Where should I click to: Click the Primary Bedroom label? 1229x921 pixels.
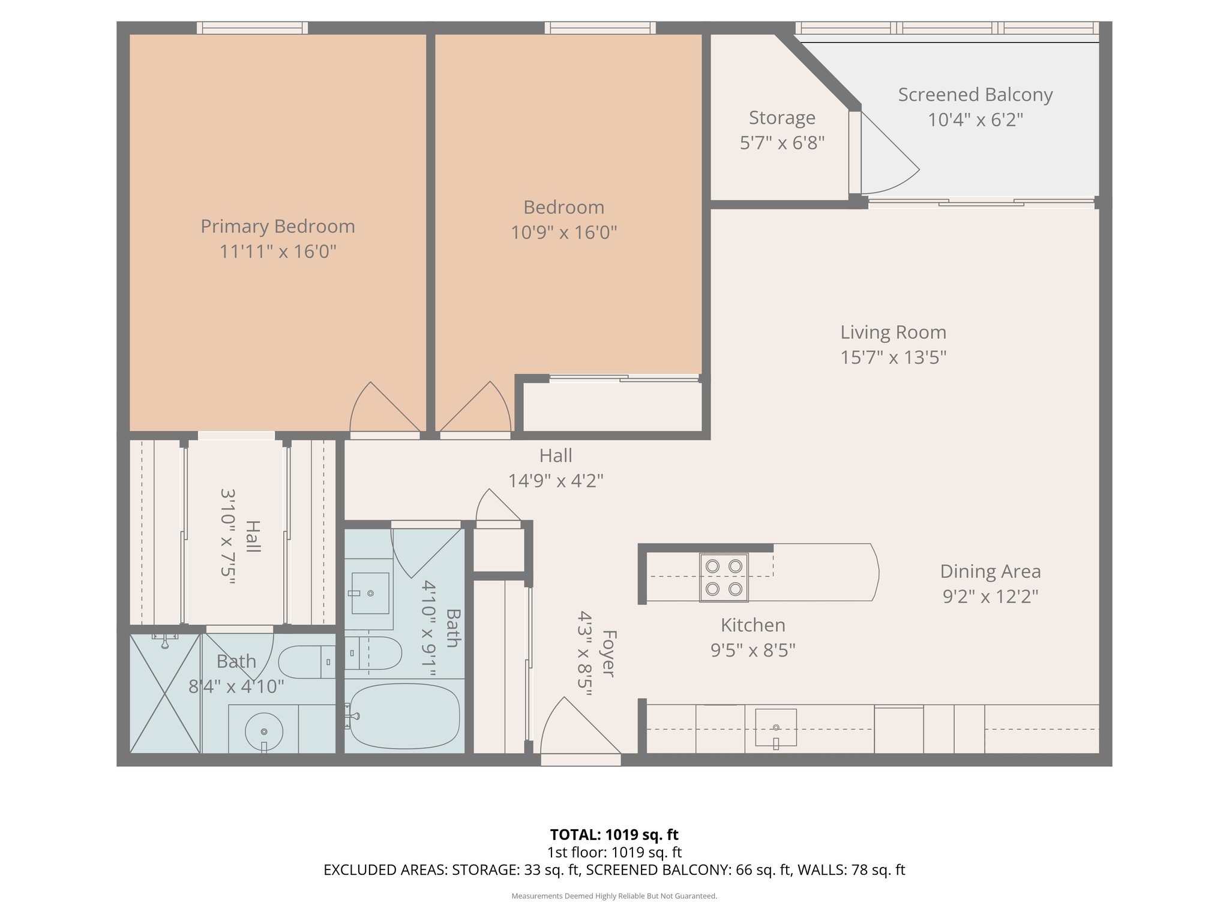point(277,226)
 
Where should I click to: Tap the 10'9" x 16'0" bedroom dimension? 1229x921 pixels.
point(563,232)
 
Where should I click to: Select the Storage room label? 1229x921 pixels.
point(782,118)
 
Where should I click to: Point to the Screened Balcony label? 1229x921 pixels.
point(975,95)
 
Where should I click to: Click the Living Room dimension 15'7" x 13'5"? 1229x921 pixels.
point(893,357)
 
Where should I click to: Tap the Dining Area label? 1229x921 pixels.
point(990,571)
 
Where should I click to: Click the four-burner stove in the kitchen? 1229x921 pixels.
point(724,577)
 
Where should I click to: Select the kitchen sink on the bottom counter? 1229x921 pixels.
point(776,727)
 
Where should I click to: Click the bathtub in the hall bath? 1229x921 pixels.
point(404,716)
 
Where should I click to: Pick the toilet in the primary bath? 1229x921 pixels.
point(306,662)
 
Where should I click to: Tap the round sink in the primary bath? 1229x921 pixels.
point(264,732)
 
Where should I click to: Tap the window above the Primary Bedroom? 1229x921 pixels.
point(252,28)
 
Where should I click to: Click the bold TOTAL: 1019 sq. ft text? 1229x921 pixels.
point(614,835)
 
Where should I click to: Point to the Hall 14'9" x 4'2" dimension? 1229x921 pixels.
point(556,481)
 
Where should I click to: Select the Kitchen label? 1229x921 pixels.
point(753,625)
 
